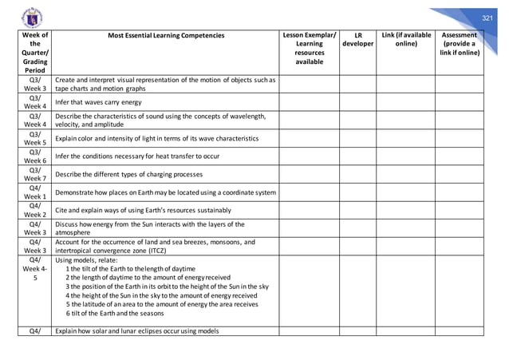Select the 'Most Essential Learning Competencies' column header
pyautogui.click(x=166, y=36)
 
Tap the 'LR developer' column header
pyautogui.click(x=358, y=40)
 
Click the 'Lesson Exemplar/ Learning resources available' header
pyautogui.click(x=310, y=49)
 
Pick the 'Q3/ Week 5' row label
pyautogui.click(x=36, y=139)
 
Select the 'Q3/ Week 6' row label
pyautogui.click(x=36, y=156)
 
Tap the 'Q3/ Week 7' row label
pyautogui.click(x=36, y=174)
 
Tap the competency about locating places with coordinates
pyautogui.click(x=166, y=192)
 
